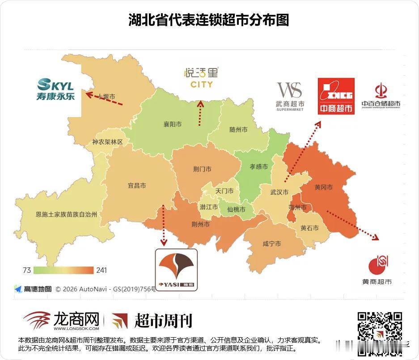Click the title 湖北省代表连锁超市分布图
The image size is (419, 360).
(x=209, y=20)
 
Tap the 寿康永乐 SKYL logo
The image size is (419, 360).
(x=55, y=89)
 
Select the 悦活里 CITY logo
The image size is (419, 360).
(x=201, y=77)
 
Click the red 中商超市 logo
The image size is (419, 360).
(x=336, y=96)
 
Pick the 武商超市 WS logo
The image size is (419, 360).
(x=290, y=96)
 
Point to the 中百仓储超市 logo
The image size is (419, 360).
(x=381, y=96)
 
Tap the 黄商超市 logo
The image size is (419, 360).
(x=377, y=270)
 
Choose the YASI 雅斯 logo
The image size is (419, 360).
(x=176, y=270)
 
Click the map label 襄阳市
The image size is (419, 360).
(x=173, y=125)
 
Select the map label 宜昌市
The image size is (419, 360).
(x=137, y=186)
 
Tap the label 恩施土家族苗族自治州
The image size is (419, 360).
(x=66, y=214)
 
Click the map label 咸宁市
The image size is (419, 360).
(x=271, y=244)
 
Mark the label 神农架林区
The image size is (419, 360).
(x=107, y=142)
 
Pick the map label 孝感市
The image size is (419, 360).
(x=258, y=167)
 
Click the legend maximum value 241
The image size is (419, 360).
(x=101, y=270)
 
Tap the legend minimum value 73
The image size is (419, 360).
(x=26, y=270)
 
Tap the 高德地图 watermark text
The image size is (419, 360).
(x=38, y=289)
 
